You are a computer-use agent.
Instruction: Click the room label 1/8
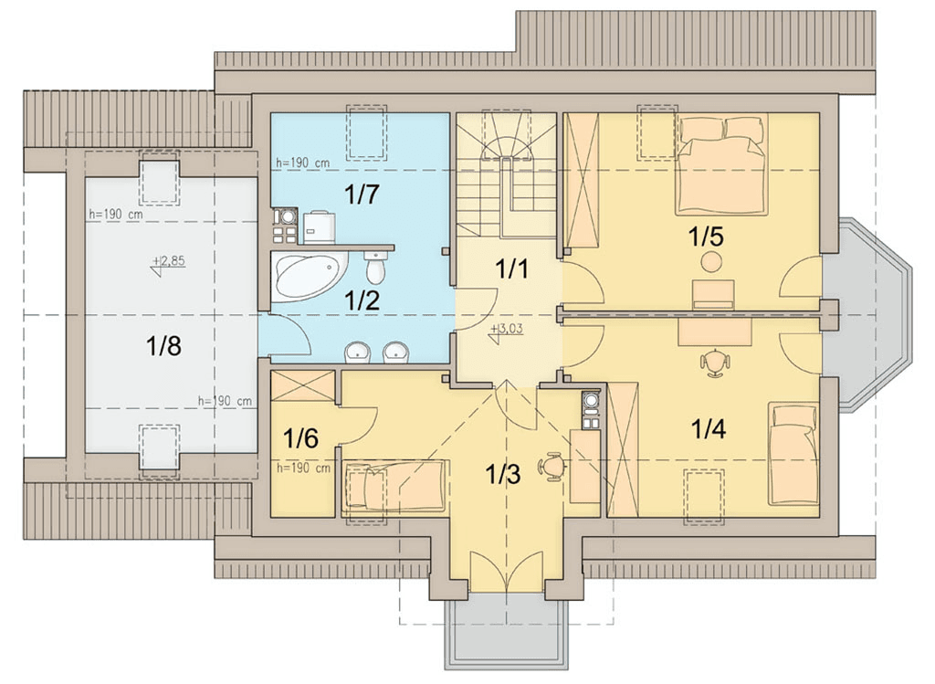(163, 345)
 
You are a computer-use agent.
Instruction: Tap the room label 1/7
(362, 195)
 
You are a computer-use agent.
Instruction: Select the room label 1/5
(706, 237)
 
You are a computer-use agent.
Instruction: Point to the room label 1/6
(300, 439)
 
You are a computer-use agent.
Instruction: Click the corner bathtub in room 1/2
(309, 277)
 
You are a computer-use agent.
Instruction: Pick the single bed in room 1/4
(793, 453)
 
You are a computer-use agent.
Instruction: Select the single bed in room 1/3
(395, 486)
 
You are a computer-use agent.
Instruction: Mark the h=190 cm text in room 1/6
(303, 468)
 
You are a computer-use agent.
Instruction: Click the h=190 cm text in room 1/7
(302, 163)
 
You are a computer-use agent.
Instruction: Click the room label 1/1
(511, 269)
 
